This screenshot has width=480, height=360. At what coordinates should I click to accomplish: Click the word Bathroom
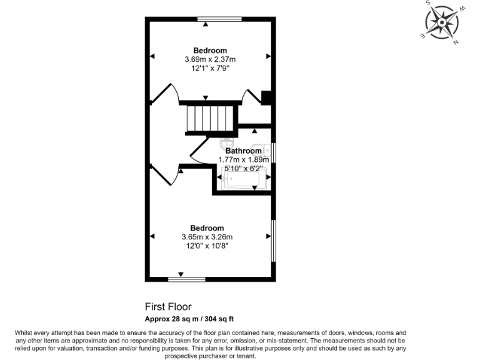tap(244, 151)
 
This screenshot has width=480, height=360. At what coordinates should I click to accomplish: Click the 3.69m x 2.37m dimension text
tap(210, 59)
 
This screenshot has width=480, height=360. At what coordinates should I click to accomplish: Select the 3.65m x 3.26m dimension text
tap(207, 237)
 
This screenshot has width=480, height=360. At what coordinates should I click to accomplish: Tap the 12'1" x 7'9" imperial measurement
tap(210, 68)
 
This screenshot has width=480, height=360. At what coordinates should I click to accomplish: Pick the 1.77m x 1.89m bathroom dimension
tap(244, 159)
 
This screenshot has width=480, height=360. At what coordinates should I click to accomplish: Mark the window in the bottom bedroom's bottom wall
tap(187, 278)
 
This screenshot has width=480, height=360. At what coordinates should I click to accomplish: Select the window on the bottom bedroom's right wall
tap(273, 240)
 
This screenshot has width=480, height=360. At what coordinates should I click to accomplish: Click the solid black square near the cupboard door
tap(266, 97)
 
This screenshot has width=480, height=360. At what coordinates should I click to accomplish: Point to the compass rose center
tap(442, 22)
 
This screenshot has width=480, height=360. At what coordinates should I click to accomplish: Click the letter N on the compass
tap(456, 42)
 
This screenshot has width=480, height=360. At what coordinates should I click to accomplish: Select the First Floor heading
tap(168, 307)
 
